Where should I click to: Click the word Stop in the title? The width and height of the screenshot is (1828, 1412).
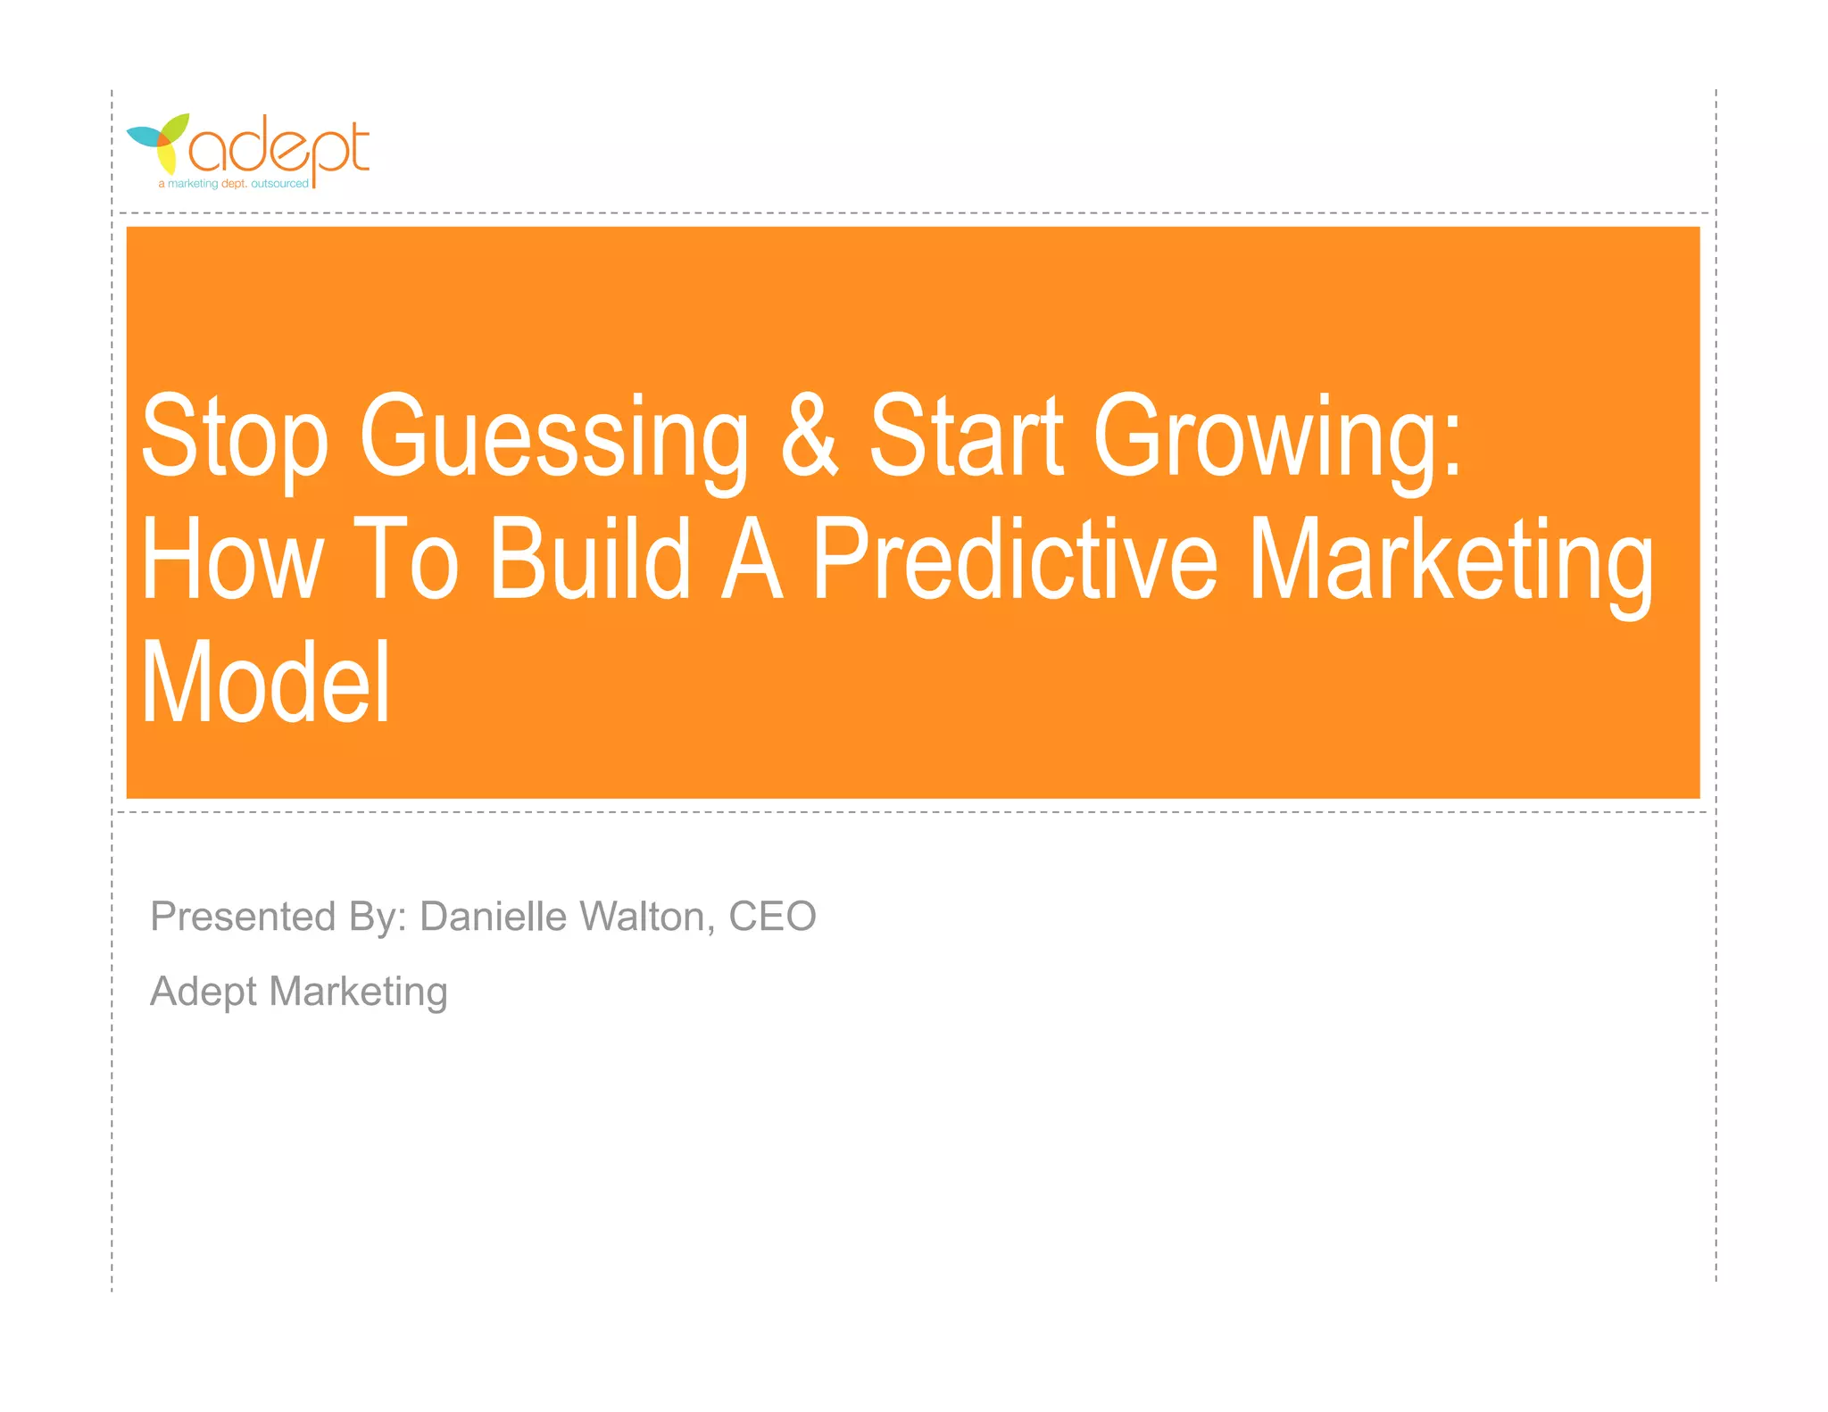[x=235, y=437]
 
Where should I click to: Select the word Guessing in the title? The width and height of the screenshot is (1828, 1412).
[x=553, y=437]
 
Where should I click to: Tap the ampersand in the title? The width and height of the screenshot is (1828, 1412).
[x=810, y=436]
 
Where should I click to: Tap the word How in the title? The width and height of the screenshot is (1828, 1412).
[x=232, y=560]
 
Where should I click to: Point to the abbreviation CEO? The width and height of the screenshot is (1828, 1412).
[x=772, y=917]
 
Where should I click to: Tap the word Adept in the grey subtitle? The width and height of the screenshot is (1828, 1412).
[x=204, y=993]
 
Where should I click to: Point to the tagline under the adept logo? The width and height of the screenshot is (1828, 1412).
[x=234, y=184]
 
